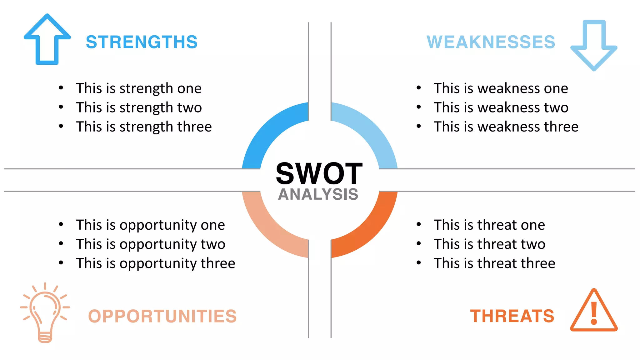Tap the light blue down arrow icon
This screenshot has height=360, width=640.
pyautogui.click(x=594, y=45)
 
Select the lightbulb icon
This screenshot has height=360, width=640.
pyautogui.click(x=45, y=312)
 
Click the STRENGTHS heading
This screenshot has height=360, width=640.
pyautogui.click(x=142, y=42)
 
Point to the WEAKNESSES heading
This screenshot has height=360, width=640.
pyautogui.click(x=491, y=42)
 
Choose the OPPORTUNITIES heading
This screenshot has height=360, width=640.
pyautogui.click(x=162, y=316)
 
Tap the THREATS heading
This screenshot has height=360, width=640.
pyautogui.click(x=512, y=316)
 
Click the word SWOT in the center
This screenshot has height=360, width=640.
pyautogui.click(x=319, y=174)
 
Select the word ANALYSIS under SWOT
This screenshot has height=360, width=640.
pyautogui.click(x=318, y=194)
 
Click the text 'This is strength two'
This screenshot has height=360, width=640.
pyautogui.click(x=139, y=107)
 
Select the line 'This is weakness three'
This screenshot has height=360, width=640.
pyautogui.click(x=506, y=127)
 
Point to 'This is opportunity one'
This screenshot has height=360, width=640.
pyautogui.click(x=150, y=225)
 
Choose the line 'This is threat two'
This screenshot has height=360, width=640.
pyautogui.click(x=489, y=244)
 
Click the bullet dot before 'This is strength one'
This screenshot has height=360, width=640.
pyautogui.click(x=61, y=88)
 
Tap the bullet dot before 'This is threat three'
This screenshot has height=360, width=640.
pyautogui.click(x=419, y=263)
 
